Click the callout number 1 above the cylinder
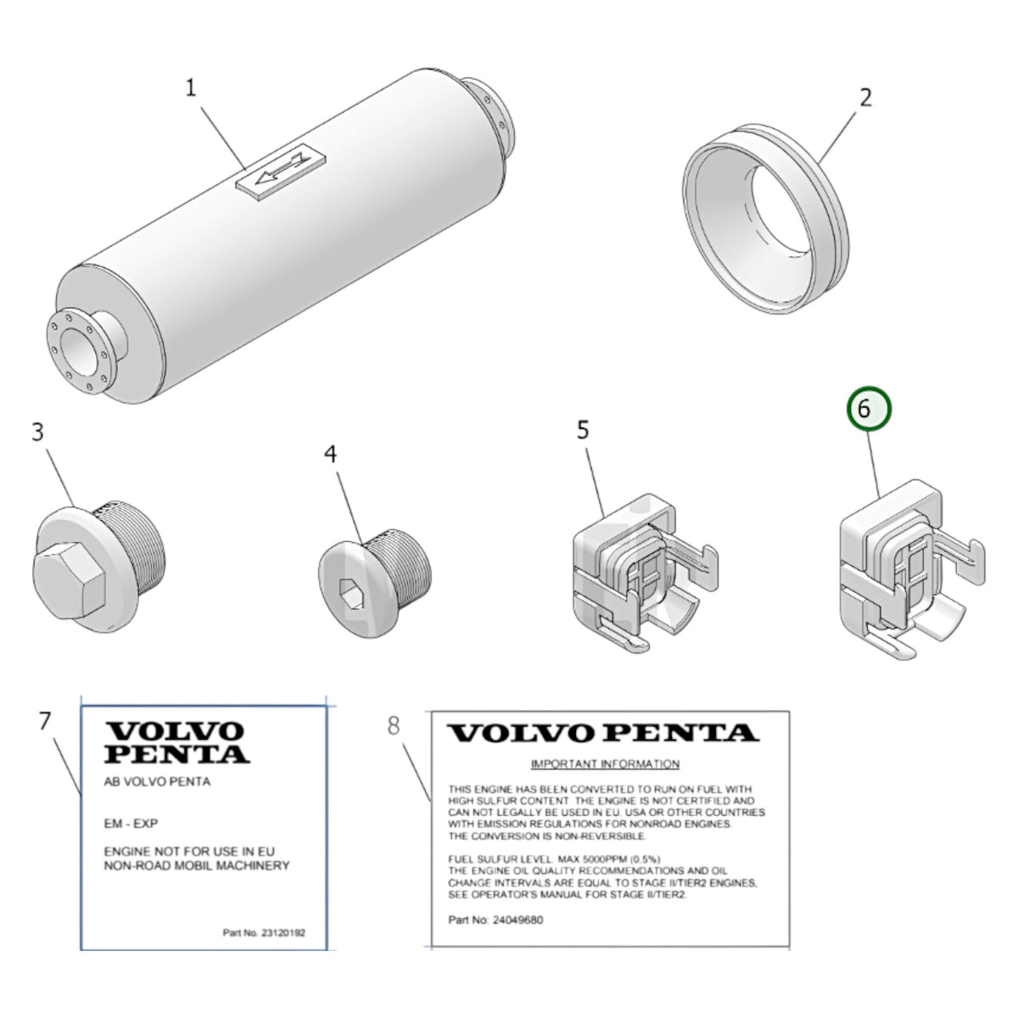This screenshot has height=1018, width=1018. point(191,87)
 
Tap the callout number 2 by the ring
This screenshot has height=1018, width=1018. point(865,98)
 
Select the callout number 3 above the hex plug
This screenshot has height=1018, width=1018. point(37,432)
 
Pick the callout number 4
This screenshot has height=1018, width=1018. point(330,454)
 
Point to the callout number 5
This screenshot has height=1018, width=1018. point(583,430)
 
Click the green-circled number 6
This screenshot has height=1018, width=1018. point(869,409)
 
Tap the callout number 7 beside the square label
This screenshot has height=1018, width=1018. point(46,721)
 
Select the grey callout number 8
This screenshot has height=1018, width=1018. point(394,726)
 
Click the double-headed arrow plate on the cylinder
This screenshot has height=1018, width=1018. point(281,171)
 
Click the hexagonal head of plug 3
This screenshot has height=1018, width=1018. point(69,580)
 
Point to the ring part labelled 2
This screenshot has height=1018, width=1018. point(766,221)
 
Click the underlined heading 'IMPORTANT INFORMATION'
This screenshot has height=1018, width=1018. point(605,763)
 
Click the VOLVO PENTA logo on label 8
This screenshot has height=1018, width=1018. point(603,733)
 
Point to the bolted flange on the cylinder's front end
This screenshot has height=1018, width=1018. point(79,351)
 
